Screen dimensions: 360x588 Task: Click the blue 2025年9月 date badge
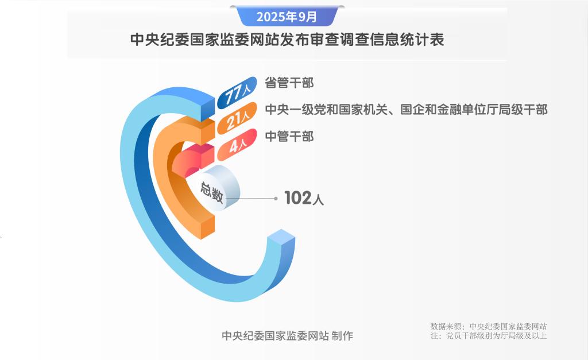click(x=287, y=17)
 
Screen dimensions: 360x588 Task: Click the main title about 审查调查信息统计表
click(x=287, y=40)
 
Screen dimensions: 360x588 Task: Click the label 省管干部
click(x=289, y=82)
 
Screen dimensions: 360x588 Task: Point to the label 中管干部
click(x=289, y=137)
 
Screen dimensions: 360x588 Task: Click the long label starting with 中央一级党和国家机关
click(x=405, y=109)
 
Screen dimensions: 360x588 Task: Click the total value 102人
click(x=304, y=199)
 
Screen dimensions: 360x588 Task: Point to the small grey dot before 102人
click(x=276, y=199)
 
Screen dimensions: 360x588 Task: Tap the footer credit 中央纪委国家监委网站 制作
click(x=287, y=336)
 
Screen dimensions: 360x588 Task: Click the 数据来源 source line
click(x=488, y=326)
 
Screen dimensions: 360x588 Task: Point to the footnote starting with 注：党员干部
click(x=488, y=336)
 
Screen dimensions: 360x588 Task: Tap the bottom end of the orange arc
click(x=207, y=226)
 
